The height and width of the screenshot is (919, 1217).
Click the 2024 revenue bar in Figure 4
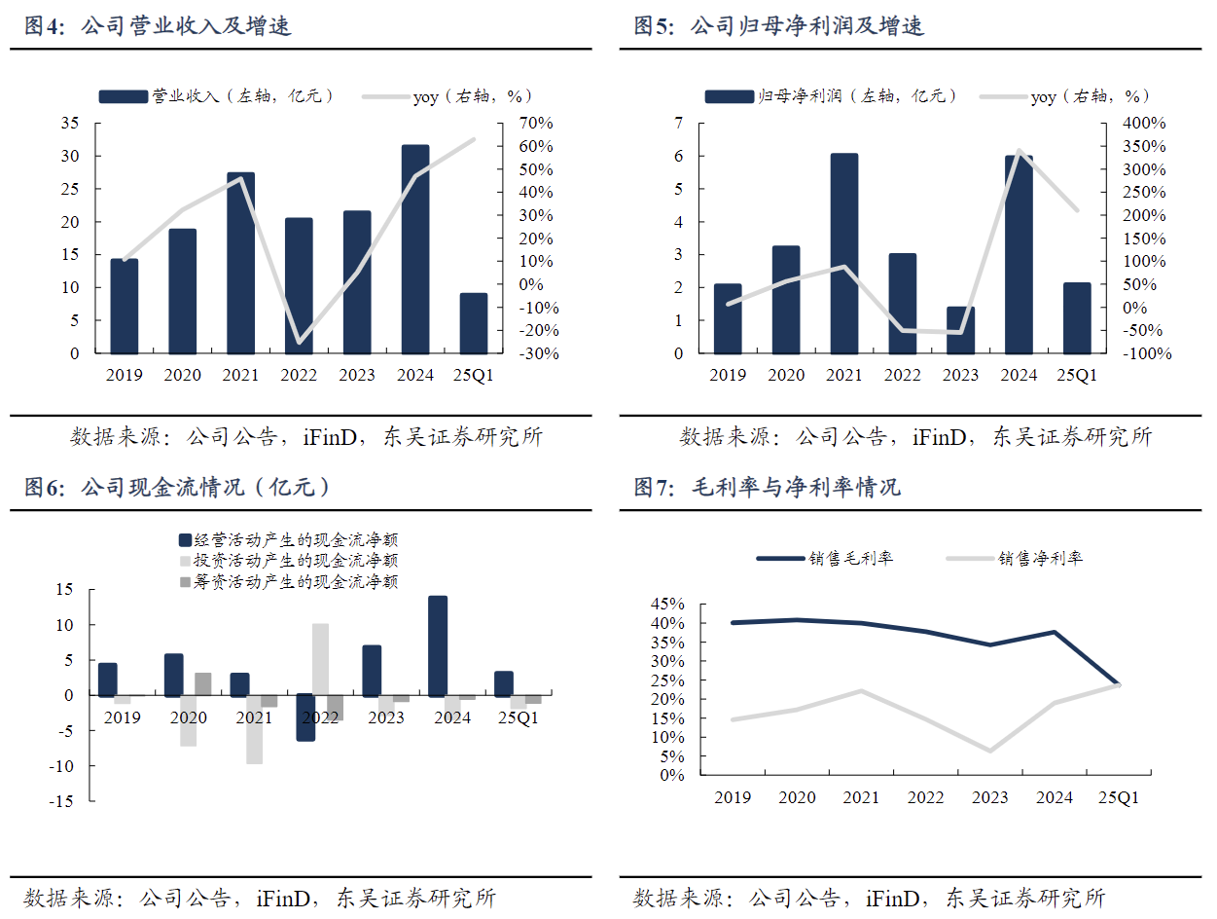[x=414, y=249]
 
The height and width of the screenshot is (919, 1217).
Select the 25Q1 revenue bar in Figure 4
[x=473, y=323]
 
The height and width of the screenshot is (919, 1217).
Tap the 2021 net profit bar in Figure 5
[x=844, y=253]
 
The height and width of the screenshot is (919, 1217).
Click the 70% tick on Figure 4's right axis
[x=535, y=124]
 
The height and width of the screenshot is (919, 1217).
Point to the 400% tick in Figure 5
[x=1145, y=124]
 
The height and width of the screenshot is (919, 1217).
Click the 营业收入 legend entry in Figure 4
[x=217, y=95]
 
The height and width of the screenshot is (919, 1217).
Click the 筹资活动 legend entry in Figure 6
[x=288, y=581]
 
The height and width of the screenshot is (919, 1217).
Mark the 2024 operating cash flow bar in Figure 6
[x=438, y=645]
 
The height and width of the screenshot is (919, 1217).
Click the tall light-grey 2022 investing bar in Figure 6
[x=320, y=659]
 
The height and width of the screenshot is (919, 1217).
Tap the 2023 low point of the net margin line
[x=990, y=751]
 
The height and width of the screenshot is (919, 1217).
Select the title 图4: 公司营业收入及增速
[x=158, y=26]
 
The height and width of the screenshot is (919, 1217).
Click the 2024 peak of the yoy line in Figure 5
[x=1019, y=151]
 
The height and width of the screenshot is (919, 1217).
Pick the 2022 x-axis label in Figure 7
[x=925, y=798]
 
